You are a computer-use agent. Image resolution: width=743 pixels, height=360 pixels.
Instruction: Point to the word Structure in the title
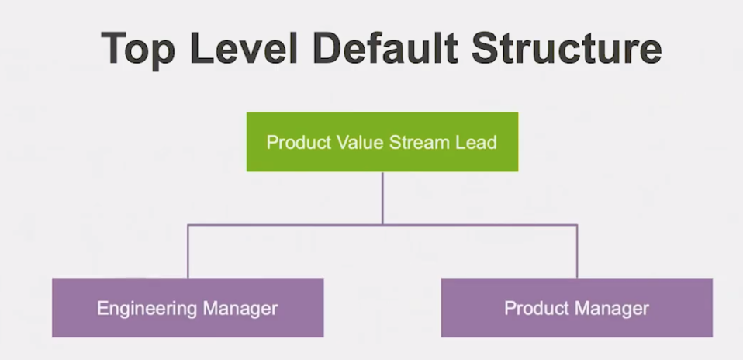pos(565,47)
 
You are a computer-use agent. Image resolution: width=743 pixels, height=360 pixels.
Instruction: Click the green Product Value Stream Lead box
pos(382,142)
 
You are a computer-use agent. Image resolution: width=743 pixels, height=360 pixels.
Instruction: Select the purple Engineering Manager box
pos(187,308)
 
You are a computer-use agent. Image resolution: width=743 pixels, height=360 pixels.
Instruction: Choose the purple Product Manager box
pos(576,308)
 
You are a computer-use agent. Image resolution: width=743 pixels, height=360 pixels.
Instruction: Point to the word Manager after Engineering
pos(239,308)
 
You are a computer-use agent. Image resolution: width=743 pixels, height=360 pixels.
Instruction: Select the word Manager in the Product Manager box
pos(613,308)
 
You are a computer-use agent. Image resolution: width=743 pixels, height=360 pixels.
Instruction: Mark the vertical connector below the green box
pos(382,198)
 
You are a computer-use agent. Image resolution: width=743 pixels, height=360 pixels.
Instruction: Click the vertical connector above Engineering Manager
pos(188,252)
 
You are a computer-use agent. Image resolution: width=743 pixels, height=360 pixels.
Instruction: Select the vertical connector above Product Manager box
pos(576,252)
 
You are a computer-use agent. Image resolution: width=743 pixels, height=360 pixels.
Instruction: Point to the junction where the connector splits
pos(382,225)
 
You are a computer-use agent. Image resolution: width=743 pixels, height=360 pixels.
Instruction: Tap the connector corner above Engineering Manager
pos(188,225)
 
